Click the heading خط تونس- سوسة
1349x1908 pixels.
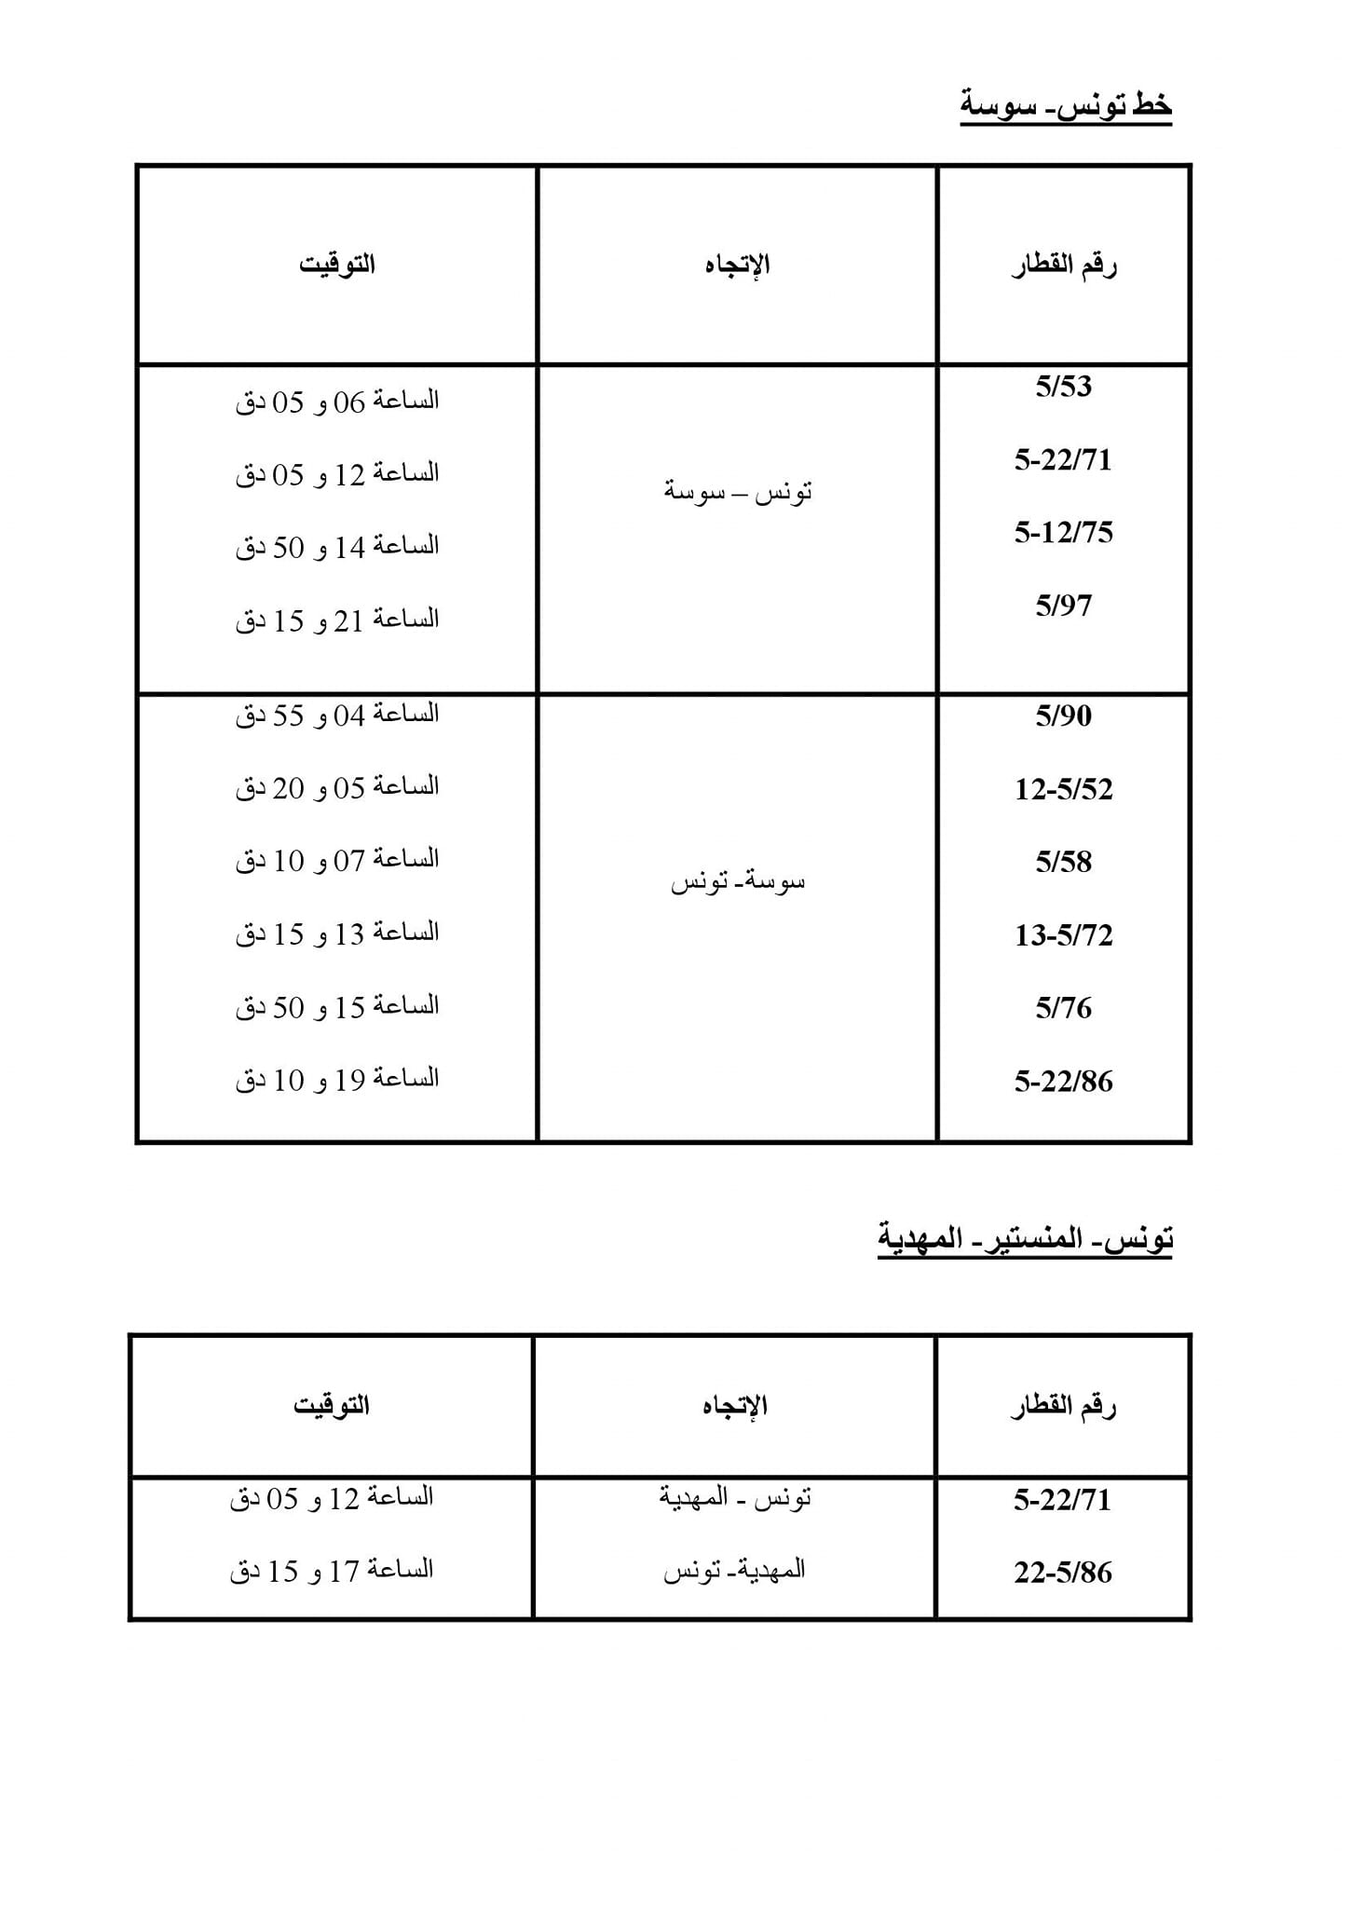pyautogui.click(x=1066, y=105)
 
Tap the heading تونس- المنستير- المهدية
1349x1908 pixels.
pyautogui.click(x=1025, y=1238)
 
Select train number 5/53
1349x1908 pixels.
pyautogui.click(x=1063, y=387)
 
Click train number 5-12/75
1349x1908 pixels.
pyautogui.click(x=1063, y=532)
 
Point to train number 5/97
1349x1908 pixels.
pyautogui.click(x=1063, y=606)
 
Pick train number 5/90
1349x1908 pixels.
pyautogui.click(x=1063, y=715)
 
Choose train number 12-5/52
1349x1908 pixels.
pyautogui.click(x=1063, y=789)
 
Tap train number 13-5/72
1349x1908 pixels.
pyautogui.click(x=1063, y=934)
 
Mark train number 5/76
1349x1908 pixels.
pyautogui.click(x=1063, y=1008)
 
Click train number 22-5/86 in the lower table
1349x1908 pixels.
pyautogui.click(x=1063, y=1573)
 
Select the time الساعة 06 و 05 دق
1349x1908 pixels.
pyautogui.click(x=336, y=402)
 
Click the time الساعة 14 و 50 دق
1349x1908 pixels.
pyautogui.click(x=336, y=547)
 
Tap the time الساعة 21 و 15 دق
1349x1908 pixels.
pyautogui.click(x=336, y=620)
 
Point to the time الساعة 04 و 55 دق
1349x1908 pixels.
pyautogui.click(x=336, y=715)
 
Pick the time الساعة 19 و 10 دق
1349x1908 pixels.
pyautogui.click(x=336, y=1080)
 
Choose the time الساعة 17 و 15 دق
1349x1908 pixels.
pyautogui.click(x=332, y=1571)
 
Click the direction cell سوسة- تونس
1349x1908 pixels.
pyautogui.click(x=737, y=881)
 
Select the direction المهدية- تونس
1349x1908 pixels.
pyautogui.click(x=734, y=1571)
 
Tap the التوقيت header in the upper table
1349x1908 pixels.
pyautogui.click(x=336, y=265)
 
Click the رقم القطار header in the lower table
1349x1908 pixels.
pyautogui.click(x=1063, y=1406)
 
